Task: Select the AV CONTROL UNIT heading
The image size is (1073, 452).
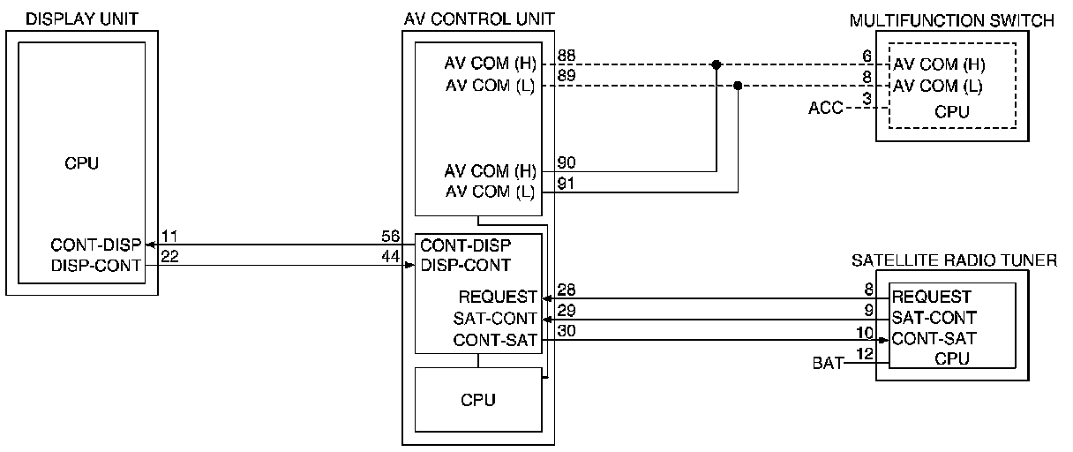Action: pos(478,19)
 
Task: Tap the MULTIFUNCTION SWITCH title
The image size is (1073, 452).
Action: pos(952,21)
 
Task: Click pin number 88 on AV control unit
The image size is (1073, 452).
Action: pos(566,56)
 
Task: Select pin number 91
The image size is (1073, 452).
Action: pos(566,185)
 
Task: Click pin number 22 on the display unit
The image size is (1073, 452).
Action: pos(170,255)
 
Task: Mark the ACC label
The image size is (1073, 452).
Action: pos(825,109)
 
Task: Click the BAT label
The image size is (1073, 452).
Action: pos(828,362)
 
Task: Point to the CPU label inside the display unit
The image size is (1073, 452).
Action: pos(82,163)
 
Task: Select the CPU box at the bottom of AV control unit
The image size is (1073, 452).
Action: pos(477,400)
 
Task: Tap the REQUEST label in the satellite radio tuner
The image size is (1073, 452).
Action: pos(931,297)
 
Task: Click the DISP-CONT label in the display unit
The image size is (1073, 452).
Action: pos(96,265)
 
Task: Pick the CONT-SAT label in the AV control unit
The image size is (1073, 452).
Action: pos(495,340)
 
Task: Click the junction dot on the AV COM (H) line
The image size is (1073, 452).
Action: pos(716,64)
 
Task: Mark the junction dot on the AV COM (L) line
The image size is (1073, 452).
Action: pos(739,86)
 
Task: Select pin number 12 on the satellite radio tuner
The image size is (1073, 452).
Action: pos(866,354)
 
